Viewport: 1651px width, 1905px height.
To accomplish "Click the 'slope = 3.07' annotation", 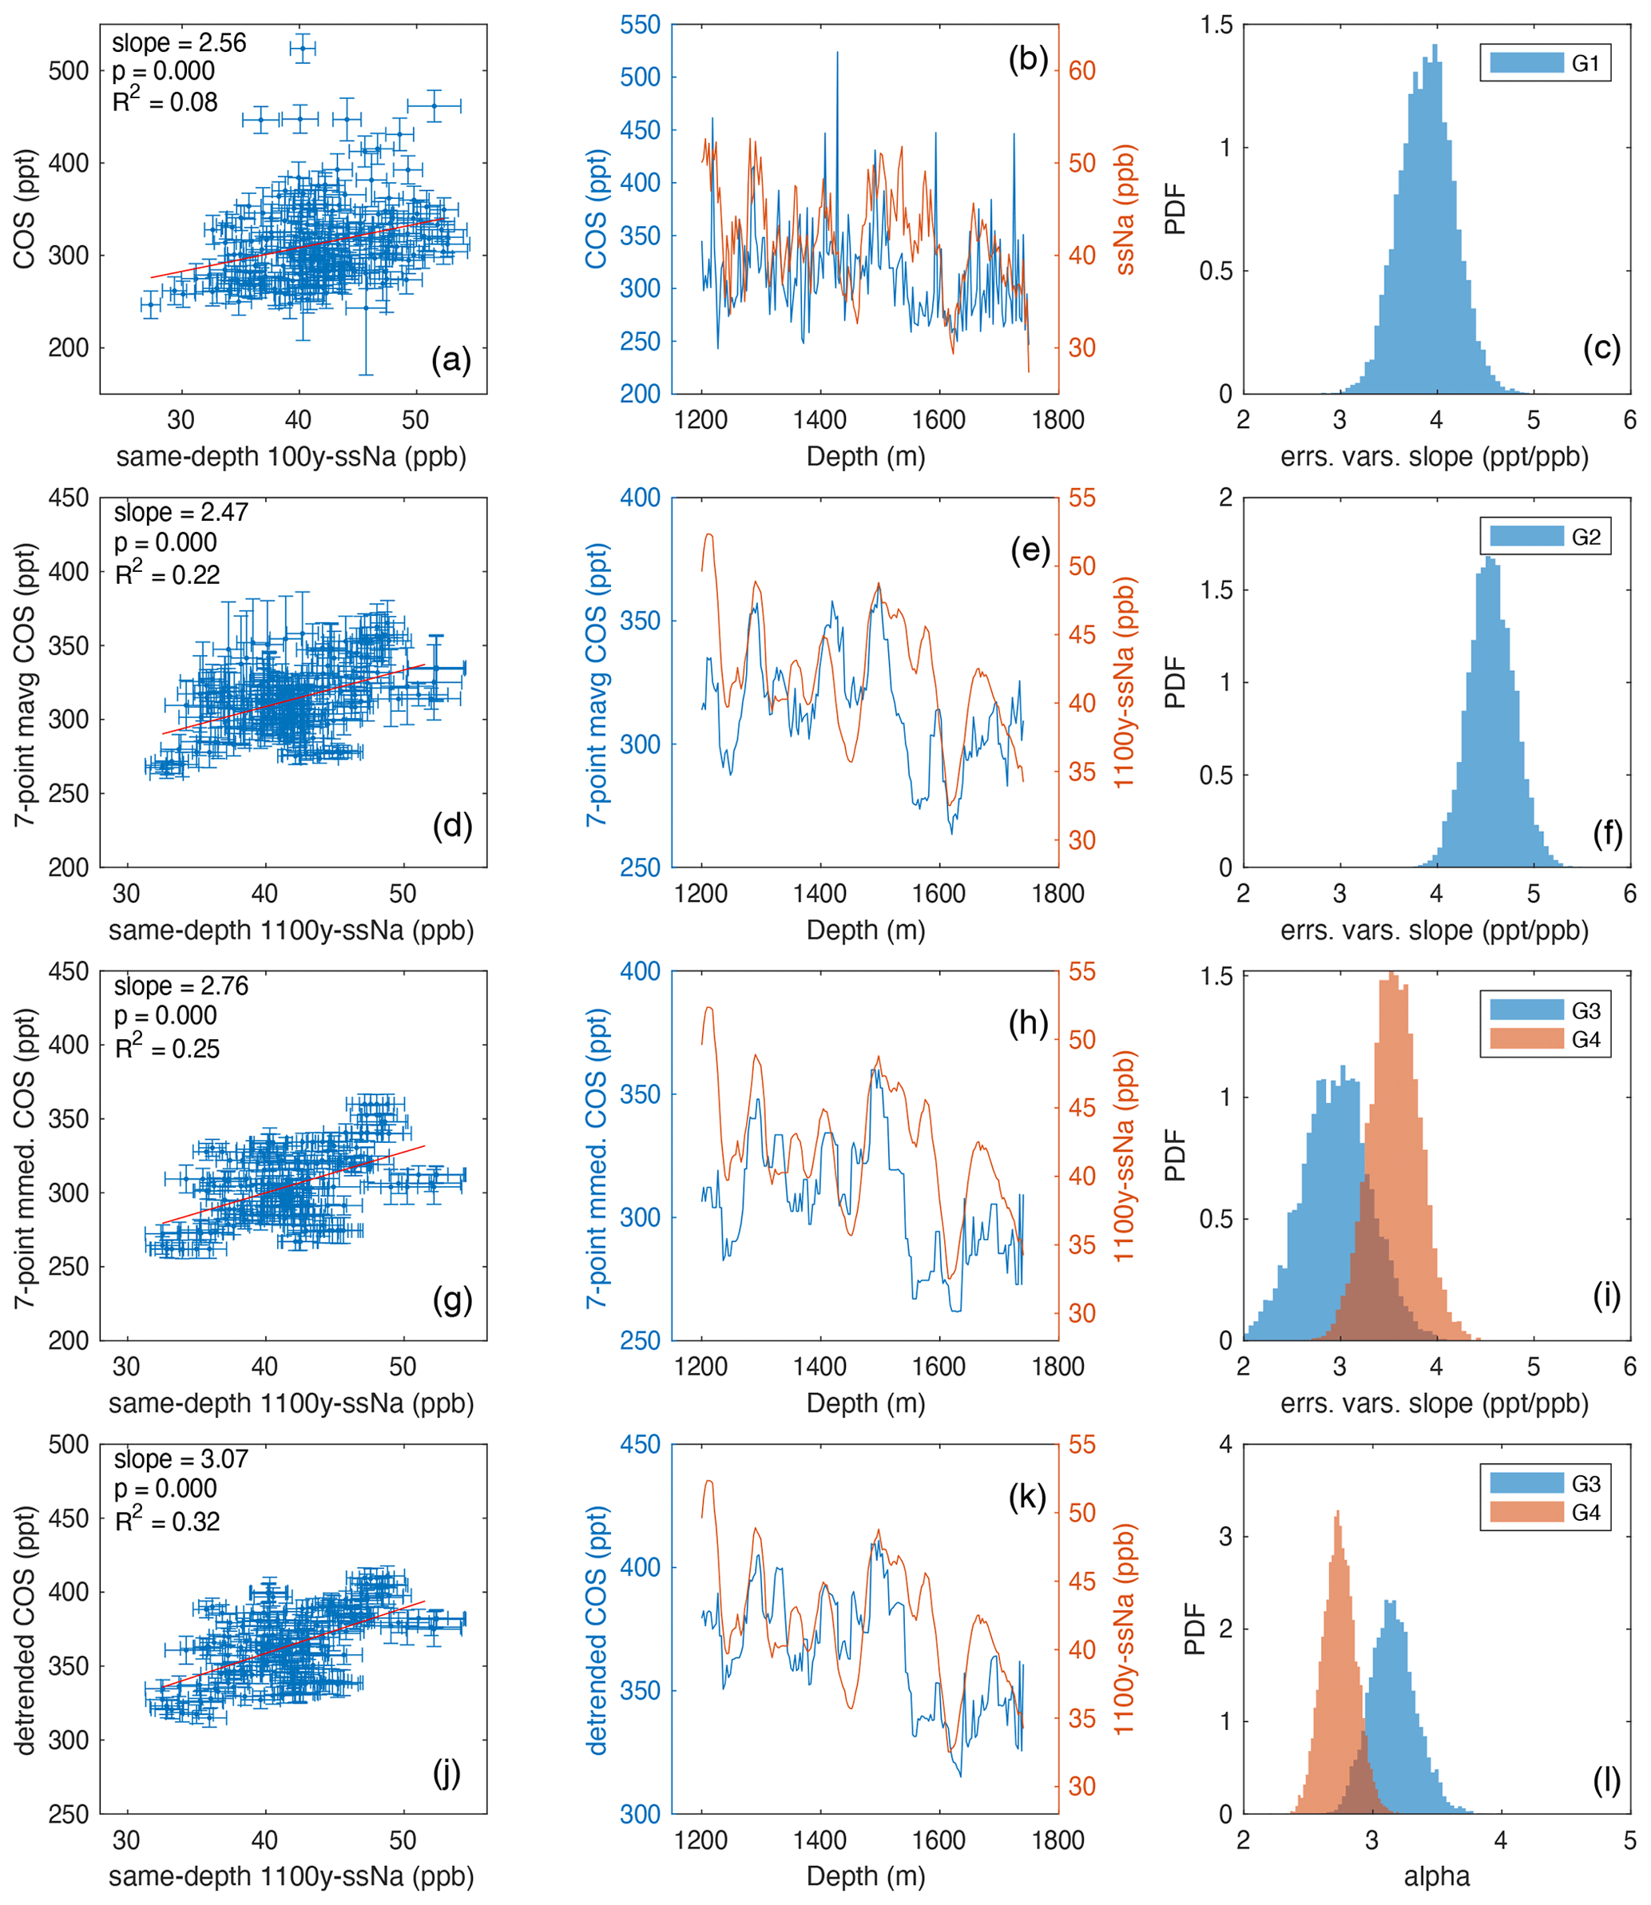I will (x=181, y=1459).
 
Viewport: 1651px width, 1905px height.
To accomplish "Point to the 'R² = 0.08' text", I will (x=165, y=101).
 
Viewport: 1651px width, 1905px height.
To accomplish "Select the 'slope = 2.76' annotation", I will (x=181, y=986).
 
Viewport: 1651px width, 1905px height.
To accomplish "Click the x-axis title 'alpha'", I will (x=1436, y=1876).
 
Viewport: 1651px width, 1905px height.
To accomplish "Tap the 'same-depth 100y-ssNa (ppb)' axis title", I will (x=291, y=457).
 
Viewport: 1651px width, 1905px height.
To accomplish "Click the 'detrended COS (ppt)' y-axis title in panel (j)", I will (x=25, y=1629).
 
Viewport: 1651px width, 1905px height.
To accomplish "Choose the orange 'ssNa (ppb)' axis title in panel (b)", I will (x=1125, y=210).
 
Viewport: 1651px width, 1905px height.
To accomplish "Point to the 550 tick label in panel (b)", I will (x=641, y=25).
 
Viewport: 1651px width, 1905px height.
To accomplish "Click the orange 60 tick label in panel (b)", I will (x=1081, y=71).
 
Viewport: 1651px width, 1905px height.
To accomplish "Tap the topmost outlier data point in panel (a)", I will (x=302, y=48).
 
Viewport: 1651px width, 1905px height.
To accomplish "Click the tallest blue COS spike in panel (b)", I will (x=837, y=54).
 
